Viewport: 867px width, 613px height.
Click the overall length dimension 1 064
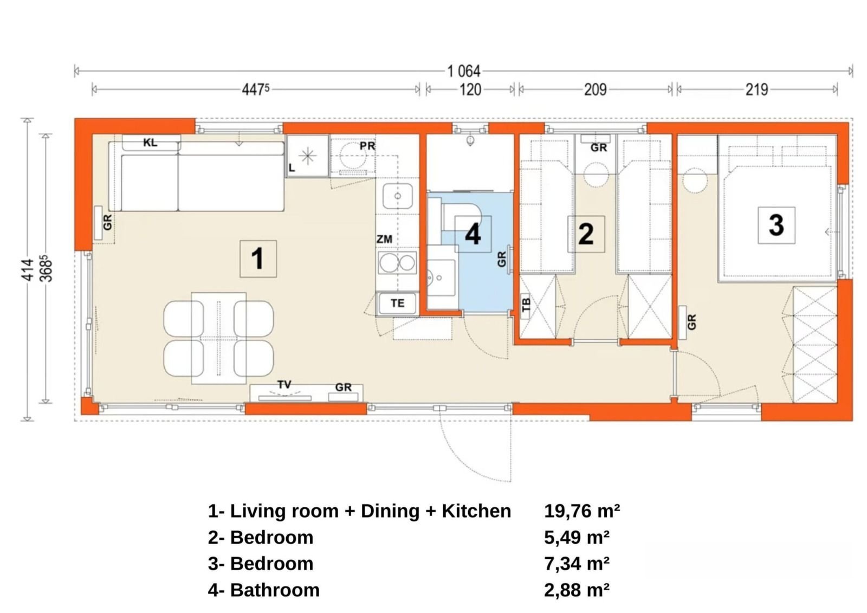(463, 71)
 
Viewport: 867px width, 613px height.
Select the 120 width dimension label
(470, 89)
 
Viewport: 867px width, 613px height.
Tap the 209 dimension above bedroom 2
(594, 89)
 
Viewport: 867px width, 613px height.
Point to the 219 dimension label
(756, 89)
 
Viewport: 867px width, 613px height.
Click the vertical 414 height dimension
(28, 269)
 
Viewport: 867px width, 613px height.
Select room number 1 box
(258, 259)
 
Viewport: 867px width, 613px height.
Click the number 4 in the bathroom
(473, 235)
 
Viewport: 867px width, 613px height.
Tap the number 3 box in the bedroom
(776, 225)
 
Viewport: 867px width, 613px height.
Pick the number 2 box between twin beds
(586, 234)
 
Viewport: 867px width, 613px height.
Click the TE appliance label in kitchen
(397, 303)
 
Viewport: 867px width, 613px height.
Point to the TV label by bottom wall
(284, 384)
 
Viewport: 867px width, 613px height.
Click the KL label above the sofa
(150, 143)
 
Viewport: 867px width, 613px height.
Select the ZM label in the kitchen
(384, 239)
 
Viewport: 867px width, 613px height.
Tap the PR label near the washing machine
(367, 146)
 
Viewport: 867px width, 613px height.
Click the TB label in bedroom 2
(526, 305)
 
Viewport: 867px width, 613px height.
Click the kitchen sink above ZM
(397, 196)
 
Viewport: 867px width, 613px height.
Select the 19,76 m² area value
(582, 511)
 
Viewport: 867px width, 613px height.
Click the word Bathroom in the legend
(275, 590)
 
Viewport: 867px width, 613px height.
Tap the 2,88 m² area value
(577, 590)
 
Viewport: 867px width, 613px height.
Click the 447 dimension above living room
(255, 89)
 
